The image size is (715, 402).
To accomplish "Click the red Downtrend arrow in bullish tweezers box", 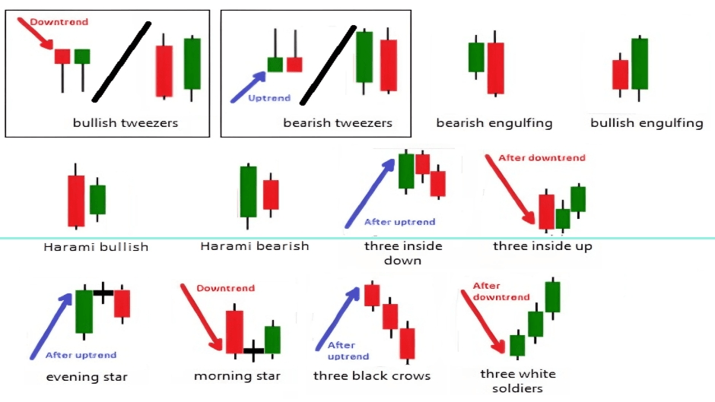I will (34, 34).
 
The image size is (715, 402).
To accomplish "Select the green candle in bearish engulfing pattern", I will (476, 57).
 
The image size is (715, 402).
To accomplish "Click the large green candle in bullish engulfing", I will (640, 63).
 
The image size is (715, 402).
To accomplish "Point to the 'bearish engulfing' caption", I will (494, 122).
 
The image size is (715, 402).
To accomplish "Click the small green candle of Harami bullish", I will (97, 199).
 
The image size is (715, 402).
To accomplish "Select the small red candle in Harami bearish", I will (271, 195).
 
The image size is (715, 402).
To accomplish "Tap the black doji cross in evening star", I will (103, 292).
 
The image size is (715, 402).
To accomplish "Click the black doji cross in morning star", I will (253, 350).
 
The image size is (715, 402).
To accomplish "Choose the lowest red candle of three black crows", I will (408, 343).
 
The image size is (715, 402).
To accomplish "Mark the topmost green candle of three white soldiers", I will (552, 296).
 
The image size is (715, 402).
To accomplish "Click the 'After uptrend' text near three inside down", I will (399, 222).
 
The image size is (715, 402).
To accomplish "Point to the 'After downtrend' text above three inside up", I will (541, 158).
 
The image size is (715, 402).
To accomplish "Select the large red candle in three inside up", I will (546, 211).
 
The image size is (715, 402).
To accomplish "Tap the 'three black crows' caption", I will (372, 375).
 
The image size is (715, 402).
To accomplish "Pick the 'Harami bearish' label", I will (254, 245).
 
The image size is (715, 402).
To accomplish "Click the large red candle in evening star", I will (122, 303).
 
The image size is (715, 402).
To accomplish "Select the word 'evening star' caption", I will (87, 377).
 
